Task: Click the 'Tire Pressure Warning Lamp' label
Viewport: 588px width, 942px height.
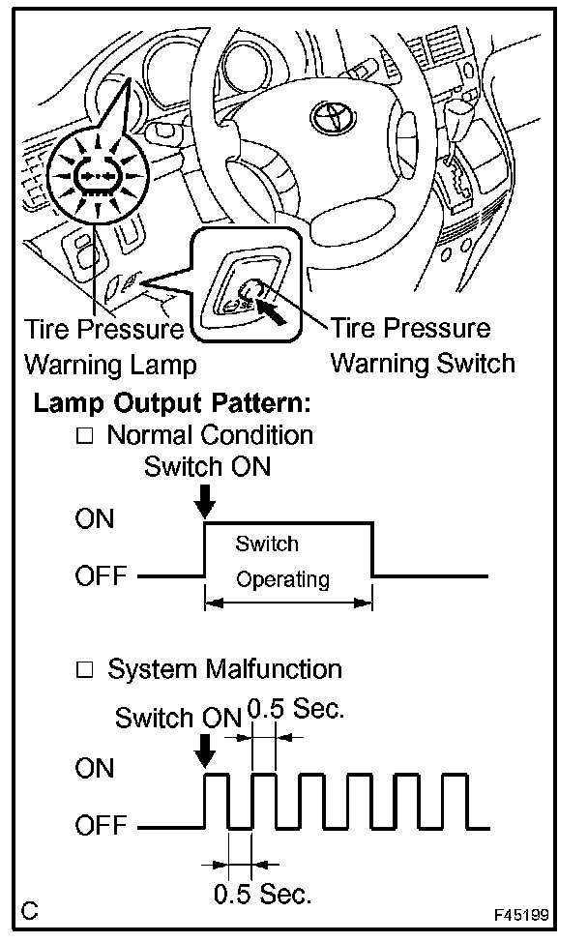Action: click(x=107, y=347)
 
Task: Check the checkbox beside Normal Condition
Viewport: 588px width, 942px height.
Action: click(x=84, y=436)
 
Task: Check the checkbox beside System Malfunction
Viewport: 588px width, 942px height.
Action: click(x=84, y=669)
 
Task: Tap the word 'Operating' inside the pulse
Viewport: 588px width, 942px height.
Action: click(x=282, y=579)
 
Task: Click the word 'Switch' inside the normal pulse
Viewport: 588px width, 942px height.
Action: click(x=267, y=544)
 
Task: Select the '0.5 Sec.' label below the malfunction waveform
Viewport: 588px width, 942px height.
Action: click(x=262, y=894)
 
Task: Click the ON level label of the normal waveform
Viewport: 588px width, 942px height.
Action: click(x=94, y=519)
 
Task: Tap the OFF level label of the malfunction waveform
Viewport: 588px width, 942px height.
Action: click(x=101, y=827)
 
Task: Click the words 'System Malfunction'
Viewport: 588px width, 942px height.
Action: click(x=224, y=668)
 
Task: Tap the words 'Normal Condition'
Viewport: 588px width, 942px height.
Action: click(x=210, y=435)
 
